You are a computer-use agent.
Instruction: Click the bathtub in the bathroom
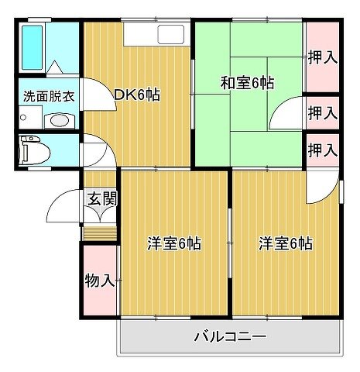click(32, 47)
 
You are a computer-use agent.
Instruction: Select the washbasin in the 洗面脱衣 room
click(60, 120)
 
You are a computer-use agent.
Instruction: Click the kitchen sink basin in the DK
click(170, 34)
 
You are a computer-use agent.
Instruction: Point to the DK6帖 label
click(137, 95)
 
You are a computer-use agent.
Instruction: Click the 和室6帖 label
click(247, 83)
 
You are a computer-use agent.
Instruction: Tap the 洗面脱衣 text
click(49, 96)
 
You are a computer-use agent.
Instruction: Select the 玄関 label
click(102, 198)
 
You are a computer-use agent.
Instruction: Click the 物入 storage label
click(100, 281)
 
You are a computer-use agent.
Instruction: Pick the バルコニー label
click(230, 336)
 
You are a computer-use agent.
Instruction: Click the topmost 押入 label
click(323, 57)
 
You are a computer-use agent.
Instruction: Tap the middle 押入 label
click(323, 113)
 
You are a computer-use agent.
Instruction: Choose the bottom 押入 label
click(323, 150)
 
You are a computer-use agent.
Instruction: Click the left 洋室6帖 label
click(174, 243)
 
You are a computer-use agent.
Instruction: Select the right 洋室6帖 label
click(286, 243)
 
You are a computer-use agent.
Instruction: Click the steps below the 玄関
click(100, 233)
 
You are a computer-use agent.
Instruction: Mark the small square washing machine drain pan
click(30, 118)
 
